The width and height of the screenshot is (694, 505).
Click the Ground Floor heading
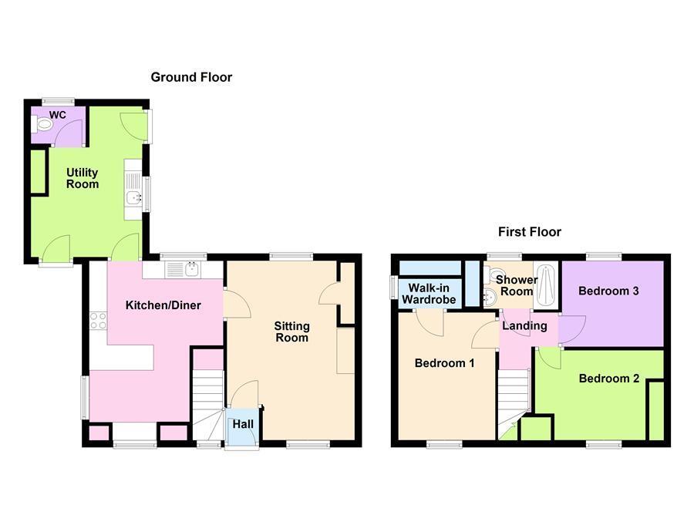(191, 77)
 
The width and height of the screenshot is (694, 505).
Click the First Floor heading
(529, 232)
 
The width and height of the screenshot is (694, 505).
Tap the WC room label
(58, 115)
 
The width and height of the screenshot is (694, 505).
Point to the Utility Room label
(82, 178)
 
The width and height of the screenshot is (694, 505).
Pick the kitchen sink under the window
(183, 269)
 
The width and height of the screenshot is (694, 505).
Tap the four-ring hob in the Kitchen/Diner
(98, 321)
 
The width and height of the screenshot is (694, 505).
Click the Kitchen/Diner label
(163, 305)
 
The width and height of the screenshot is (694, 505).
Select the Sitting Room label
(291, 332)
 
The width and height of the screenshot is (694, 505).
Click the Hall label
(243, 424)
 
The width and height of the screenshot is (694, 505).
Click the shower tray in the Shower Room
(547, 284)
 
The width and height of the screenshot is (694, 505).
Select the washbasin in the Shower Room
(490, 298)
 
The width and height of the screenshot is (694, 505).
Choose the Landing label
(524, 326)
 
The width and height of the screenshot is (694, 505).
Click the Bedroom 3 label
(608, 291)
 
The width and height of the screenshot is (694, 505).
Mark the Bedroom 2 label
(609, 379)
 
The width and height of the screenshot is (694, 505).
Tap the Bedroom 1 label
(444, 363)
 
